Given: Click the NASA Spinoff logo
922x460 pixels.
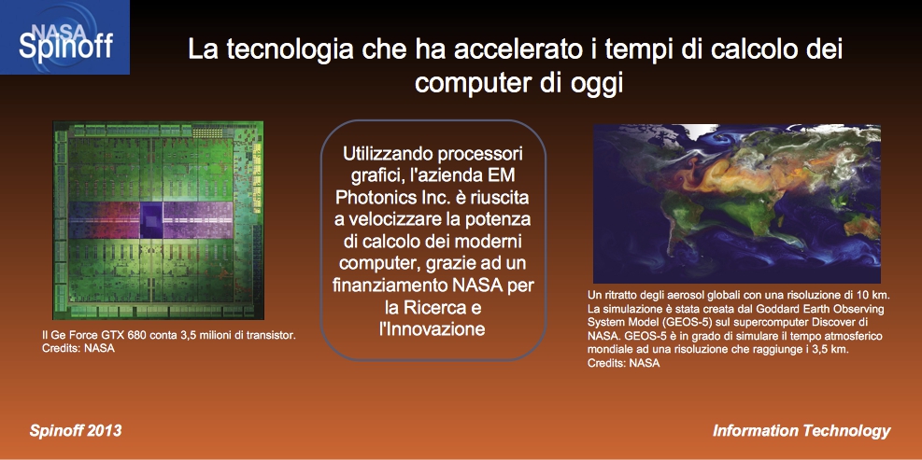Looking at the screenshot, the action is (x=64, y=37).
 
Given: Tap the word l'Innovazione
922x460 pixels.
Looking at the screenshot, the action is (x=433, y=328).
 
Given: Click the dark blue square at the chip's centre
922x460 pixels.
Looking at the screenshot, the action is (x=151, y=220).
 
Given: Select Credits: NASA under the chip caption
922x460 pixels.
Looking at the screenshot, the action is (x=78, y=349).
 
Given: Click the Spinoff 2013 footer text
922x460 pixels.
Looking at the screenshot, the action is (x=76, y=431).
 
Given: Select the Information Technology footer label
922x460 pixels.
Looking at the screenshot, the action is (x=801, y=431).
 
